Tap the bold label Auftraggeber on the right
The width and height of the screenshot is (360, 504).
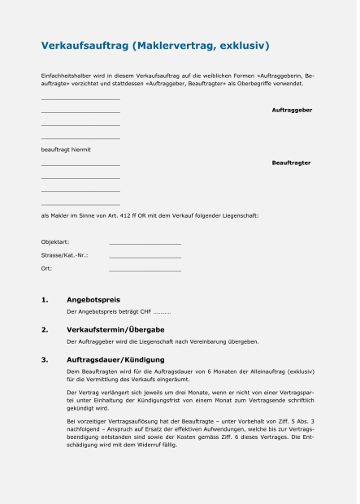point(292,110)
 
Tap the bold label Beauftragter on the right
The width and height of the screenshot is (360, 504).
point(291,163)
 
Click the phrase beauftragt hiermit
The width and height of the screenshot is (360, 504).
point(66,150)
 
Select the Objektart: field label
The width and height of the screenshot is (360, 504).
point(55,242)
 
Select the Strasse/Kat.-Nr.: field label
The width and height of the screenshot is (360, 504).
point(64,255)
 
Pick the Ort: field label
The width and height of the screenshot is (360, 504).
point(46,267)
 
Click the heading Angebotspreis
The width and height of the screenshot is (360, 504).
point(93,300)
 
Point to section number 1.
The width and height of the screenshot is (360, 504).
point(45,300)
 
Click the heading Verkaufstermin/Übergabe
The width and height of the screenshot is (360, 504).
point(115,329)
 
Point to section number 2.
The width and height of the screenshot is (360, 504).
point(45,329)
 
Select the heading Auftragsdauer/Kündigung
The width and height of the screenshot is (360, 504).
point(115,358)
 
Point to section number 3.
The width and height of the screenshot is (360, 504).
point(45,358)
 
